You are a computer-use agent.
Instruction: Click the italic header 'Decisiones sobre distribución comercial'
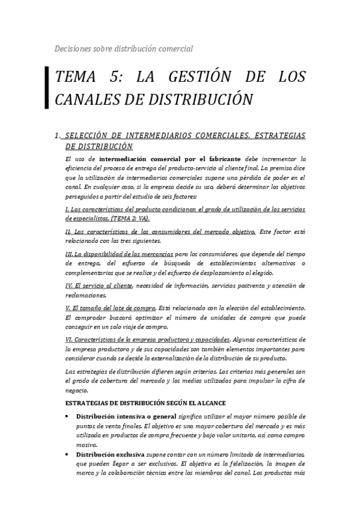(x=123, y=48)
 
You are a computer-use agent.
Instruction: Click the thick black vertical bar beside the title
(x=47, y=87)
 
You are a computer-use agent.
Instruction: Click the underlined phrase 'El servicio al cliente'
(x=101, y=285)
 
